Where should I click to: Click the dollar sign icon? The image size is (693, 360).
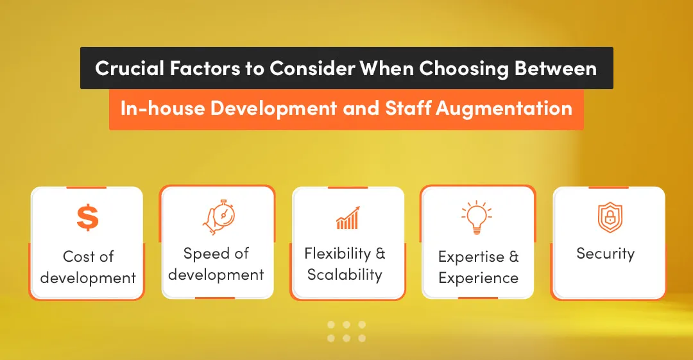point(88,218)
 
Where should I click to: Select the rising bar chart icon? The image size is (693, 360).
point(348,218)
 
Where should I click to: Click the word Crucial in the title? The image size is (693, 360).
point(128,69)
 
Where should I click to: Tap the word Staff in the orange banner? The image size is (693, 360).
point(408,108)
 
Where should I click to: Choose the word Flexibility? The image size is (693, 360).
point(338,253)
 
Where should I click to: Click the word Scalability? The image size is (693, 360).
point(345,275)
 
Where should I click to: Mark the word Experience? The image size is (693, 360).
point(478,278)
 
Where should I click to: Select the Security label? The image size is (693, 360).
point(605,253)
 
